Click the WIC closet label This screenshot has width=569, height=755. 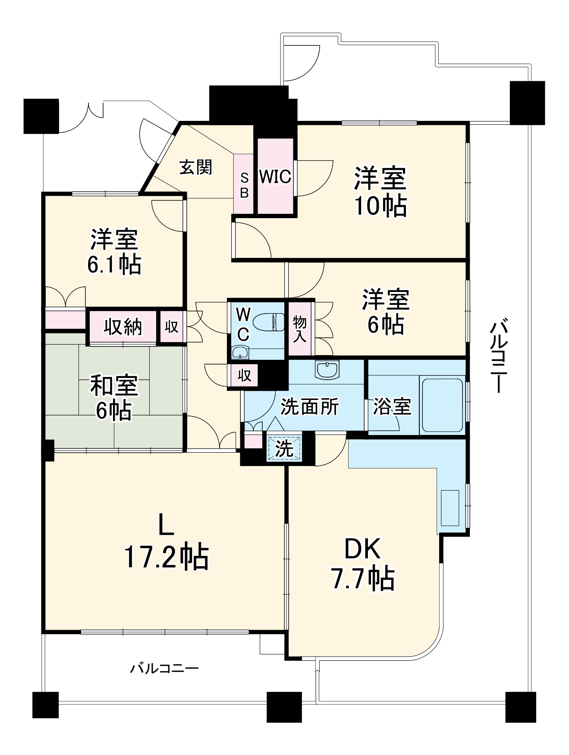tap(275, 177)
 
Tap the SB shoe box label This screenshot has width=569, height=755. tap(244, 185)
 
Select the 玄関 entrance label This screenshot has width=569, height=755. tap(196, 168)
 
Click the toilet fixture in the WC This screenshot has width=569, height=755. tap(268, 322)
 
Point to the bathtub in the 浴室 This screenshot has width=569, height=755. tap(442, 405)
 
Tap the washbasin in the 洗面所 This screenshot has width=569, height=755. tap(327, 370)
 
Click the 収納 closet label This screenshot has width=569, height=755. tap(123, 327)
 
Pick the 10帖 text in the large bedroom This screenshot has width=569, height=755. tap(380, 206)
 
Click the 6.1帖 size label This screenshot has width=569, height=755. tap(114, 264)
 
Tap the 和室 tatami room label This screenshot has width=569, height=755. tap(114, 386)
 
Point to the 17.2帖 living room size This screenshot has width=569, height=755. tap(167, 557)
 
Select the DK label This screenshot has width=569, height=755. tap(362, 549)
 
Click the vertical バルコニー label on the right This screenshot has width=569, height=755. tap(499, 355)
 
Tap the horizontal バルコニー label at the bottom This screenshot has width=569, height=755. tap(164, 669)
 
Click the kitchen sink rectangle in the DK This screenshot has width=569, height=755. tap(450, 508)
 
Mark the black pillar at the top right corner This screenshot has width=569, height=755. tap(527, 102)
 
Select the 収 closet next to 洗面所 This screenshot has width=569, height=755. tap(245, 375)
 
